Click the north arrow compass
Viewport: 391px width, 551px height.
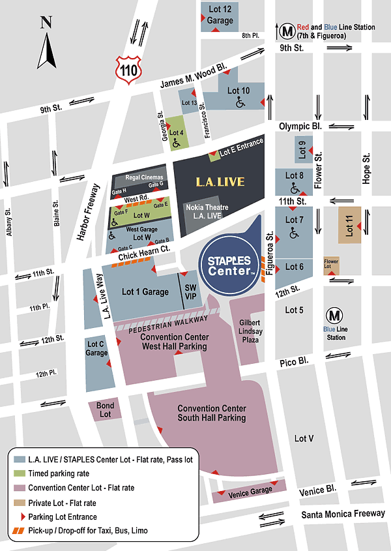tap(46, 44)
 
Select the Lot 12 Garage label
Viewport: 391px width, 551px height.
tap(220, 14)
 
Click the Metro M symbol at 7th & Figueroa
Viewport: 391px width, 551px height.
tap(287, 30)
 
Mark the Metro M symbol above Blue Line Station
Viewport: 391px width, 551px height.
tap(335, 315)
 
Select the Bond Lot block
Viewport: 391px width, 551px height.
tap(105, 410)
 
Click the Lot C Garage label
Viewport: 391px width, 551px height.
tap(96, 349)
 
